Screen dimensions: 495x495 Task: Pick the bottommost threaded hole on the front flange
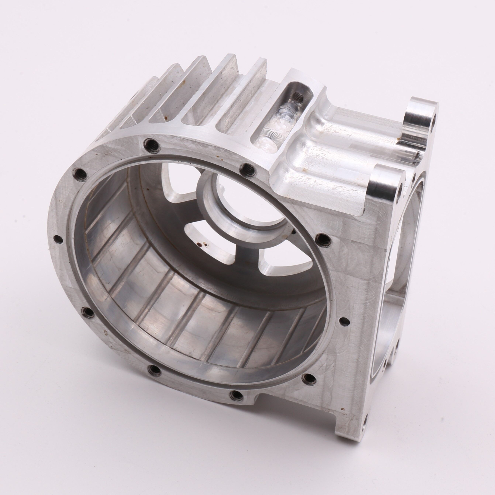coord(236,403)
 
